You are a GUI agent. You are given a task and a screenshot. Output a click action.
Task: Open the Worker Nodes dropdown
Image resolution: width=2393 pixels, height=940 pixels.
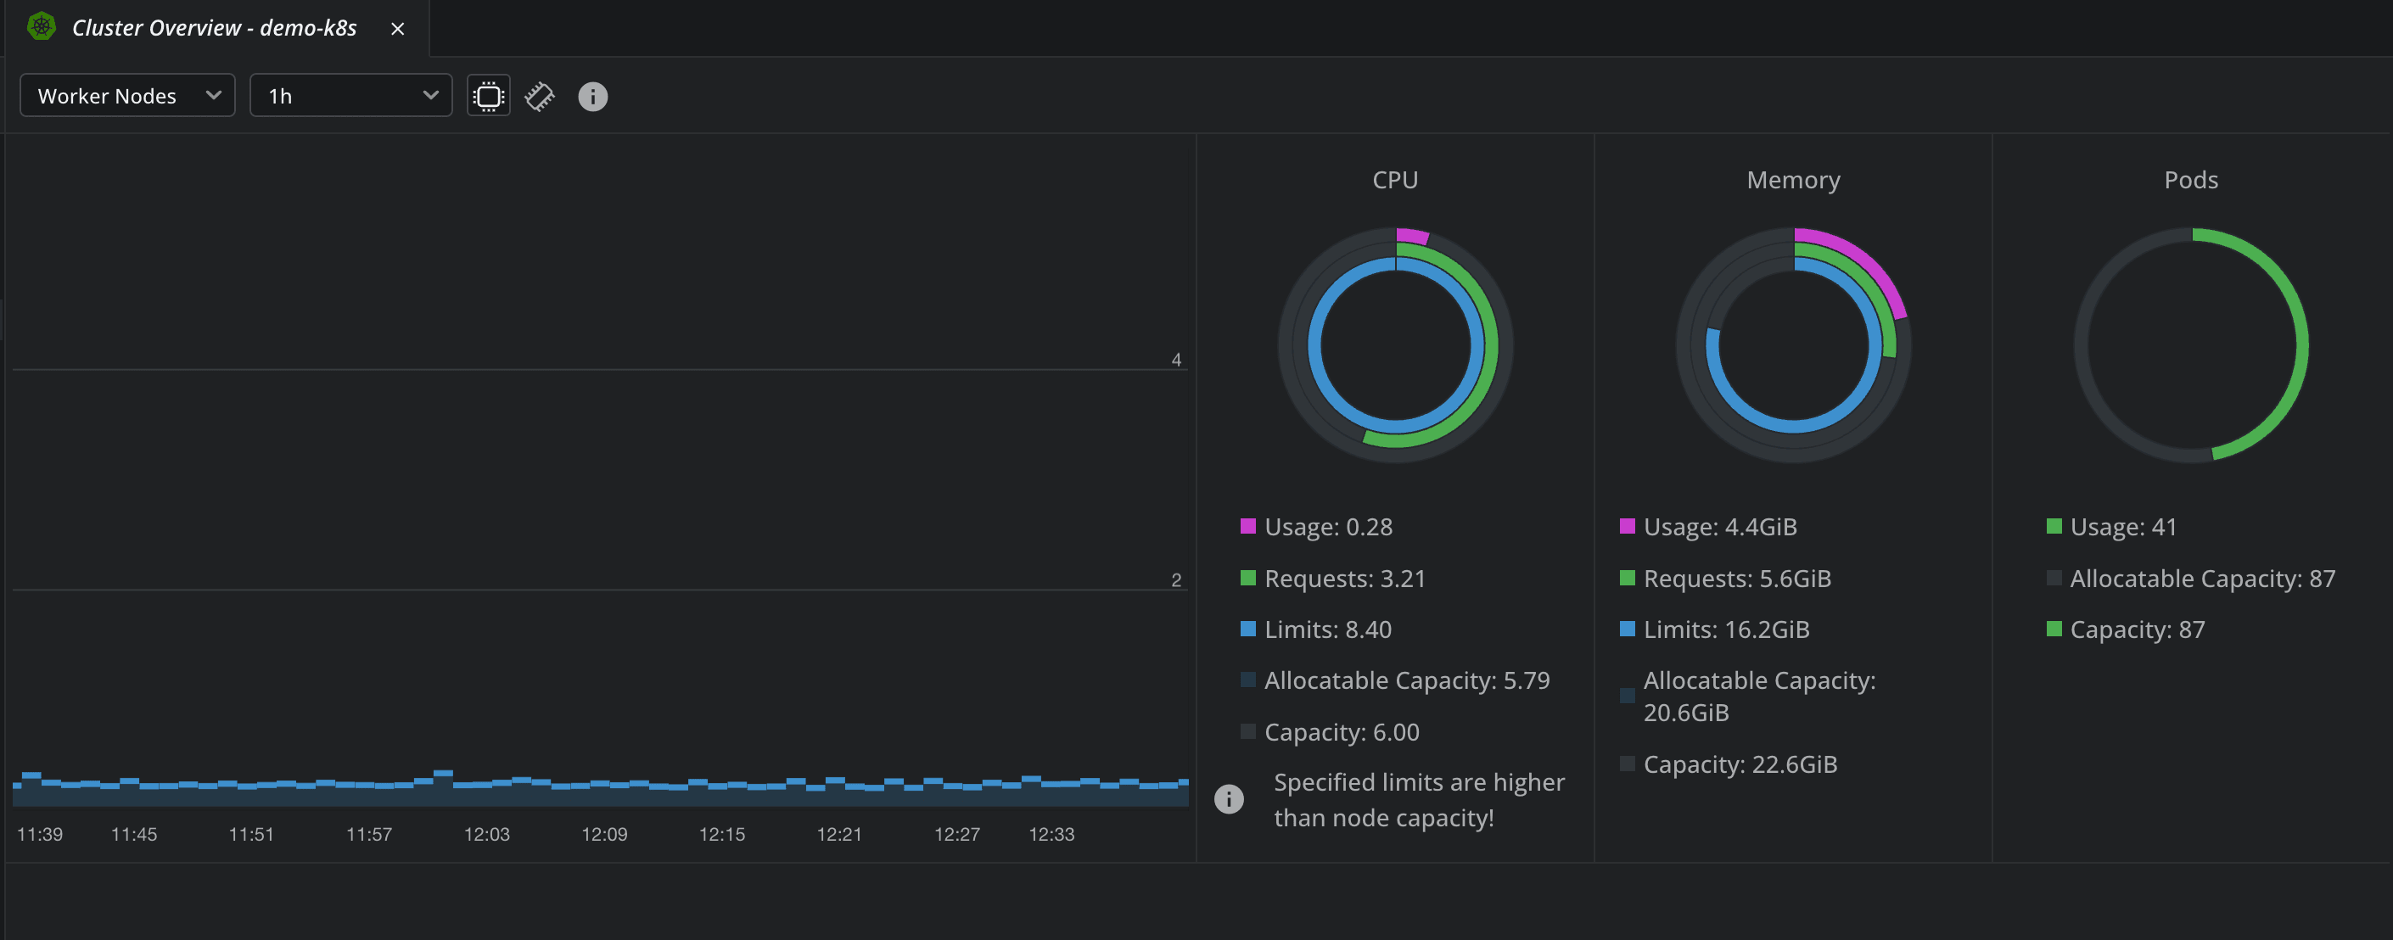(127, 96)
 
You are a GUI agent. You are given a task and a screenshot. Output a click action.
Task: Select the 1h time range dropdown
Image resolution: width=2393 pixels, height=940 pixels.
(350, 96)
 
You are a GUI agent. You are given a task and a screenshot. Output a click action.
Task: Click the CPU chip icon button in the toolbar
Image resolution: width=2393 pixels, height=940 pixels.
(488, 96)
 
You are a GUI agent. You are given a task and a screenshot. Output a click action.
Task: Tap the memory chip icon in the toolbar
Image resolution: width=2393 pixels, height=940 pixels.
(539, 97)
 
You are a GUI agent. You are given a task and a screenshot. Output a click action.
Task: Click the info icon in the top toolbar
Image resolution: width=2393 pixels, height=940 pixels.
(592, 97)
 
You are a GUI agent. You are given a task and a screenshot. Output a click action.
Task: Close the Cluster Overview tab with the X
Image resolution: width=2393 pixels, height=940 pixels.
(398, 29)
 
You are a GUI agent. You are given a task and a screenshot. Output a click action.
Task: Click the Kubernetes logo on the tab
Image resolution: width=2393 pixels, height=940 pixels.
(41, 27)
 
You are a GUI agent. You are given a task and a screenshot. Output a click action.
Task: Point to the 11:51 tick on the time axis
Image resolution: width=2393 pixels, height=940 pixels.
(251, 833)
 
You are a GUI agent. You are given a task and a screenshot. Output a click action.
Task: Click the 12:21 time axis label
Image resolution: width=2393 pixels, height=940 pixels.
(839, 833)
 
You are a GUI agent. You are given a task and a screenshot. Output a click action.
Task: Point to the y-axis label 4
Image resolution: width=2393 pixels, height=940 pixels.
(1176, 360)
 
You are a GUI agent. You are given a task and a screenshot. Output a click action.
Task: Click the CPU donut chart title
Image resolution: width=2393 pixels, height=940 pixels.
(1394, 179)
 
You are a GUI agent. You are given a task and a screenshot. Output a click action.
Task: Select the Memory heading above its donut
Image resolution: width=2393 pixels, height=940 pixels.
(1793, 179)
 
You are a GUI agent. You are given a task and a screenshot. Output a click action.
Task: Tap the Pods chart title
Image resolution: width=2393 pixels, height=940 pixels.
(2190, 179)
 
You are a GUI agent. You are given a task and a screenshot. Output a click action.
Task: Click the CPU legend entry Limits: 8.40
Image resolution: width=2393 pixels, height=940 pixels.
(1326, 629)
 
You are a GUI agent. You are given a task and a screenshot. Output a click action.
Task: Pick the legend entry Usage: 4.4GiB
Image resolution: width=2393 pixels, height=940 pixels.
(1718, 527)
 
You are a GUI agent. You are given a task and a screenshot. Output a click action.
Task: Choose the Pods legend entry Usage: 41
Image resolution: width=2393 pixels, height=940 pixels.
(2121, 527)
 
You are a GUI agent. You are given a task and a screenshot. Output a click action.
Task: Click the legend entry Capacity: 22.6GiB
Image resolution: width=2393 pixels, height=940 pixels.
(1739, 764)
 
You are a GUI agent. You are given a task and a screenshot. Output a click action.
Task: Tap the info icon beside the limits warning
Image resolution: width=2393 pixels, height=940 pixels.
(1228, 799)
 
